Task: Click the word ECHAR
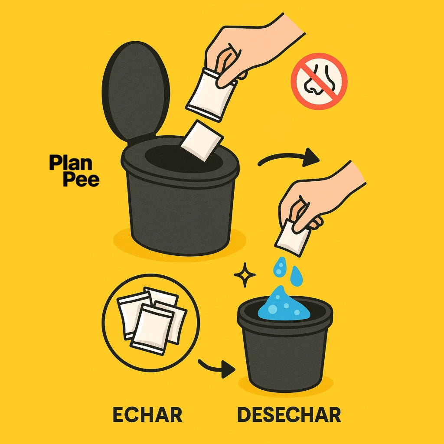147,415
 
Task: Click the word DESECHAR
289,415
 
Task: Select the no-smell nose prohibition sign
319,81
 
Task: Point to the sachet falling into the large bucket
201,141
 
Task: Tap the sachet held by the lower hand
292,238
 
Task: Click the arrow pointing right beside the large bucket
288,159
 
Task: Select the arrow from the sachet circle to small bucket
216,368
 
